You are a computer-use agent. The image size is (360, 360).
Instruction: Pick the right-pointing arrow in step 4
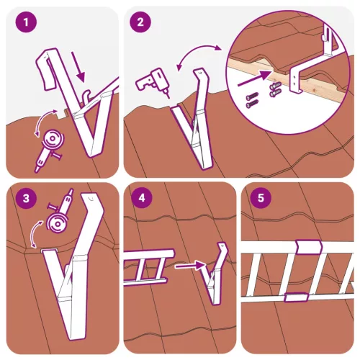click(x=189, y=266)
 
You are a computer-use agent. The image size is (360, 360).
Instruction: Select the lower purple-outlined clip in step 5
click(x=293, y=296)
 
